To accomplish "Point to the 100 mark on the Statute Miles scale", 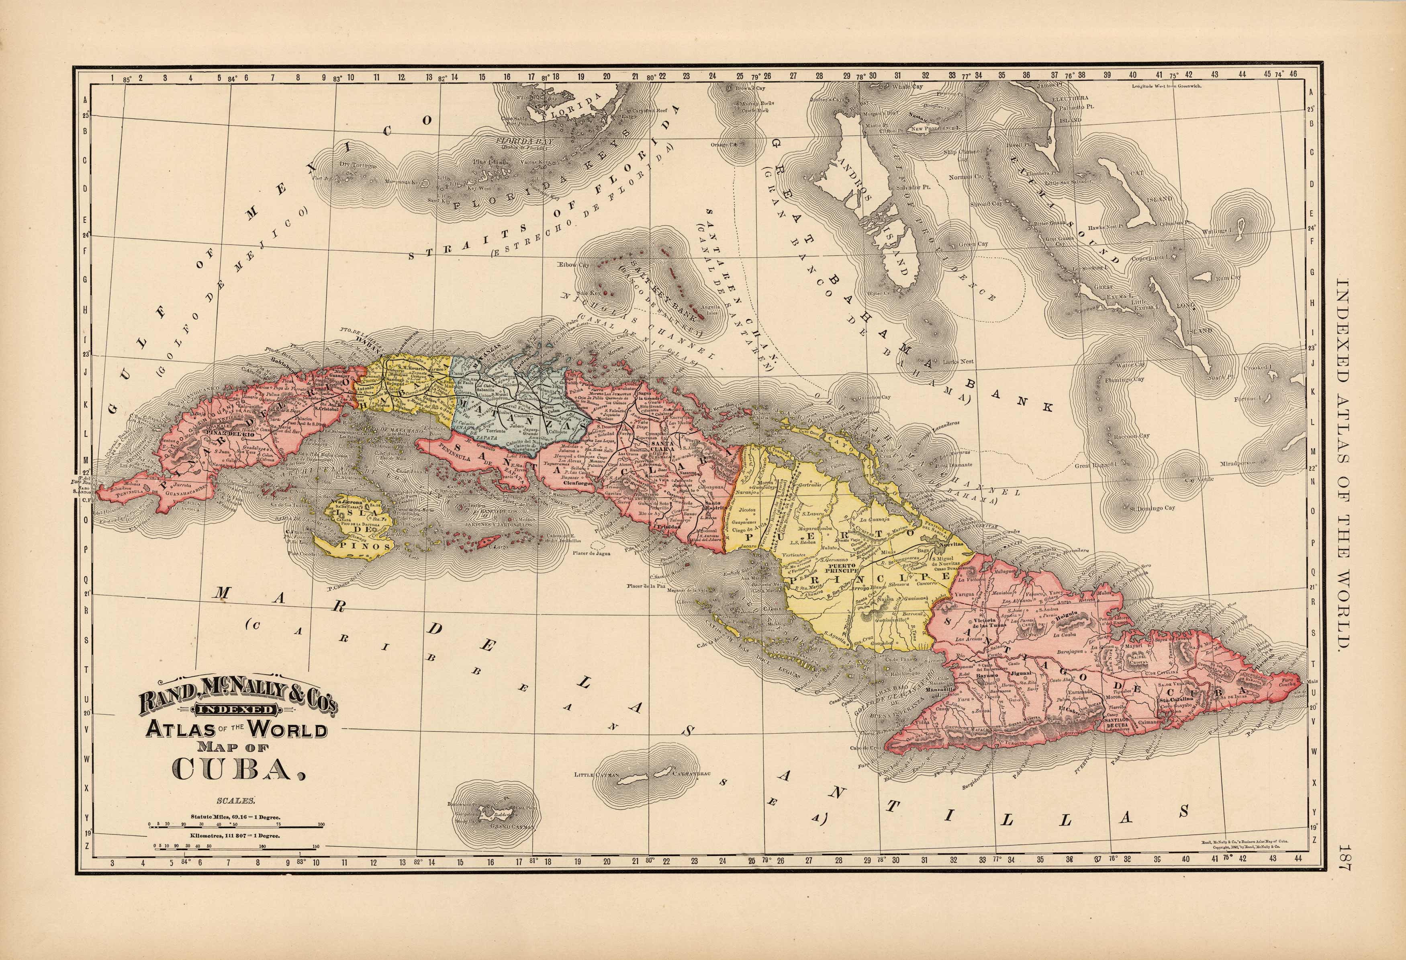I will (x=321, y=825).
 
